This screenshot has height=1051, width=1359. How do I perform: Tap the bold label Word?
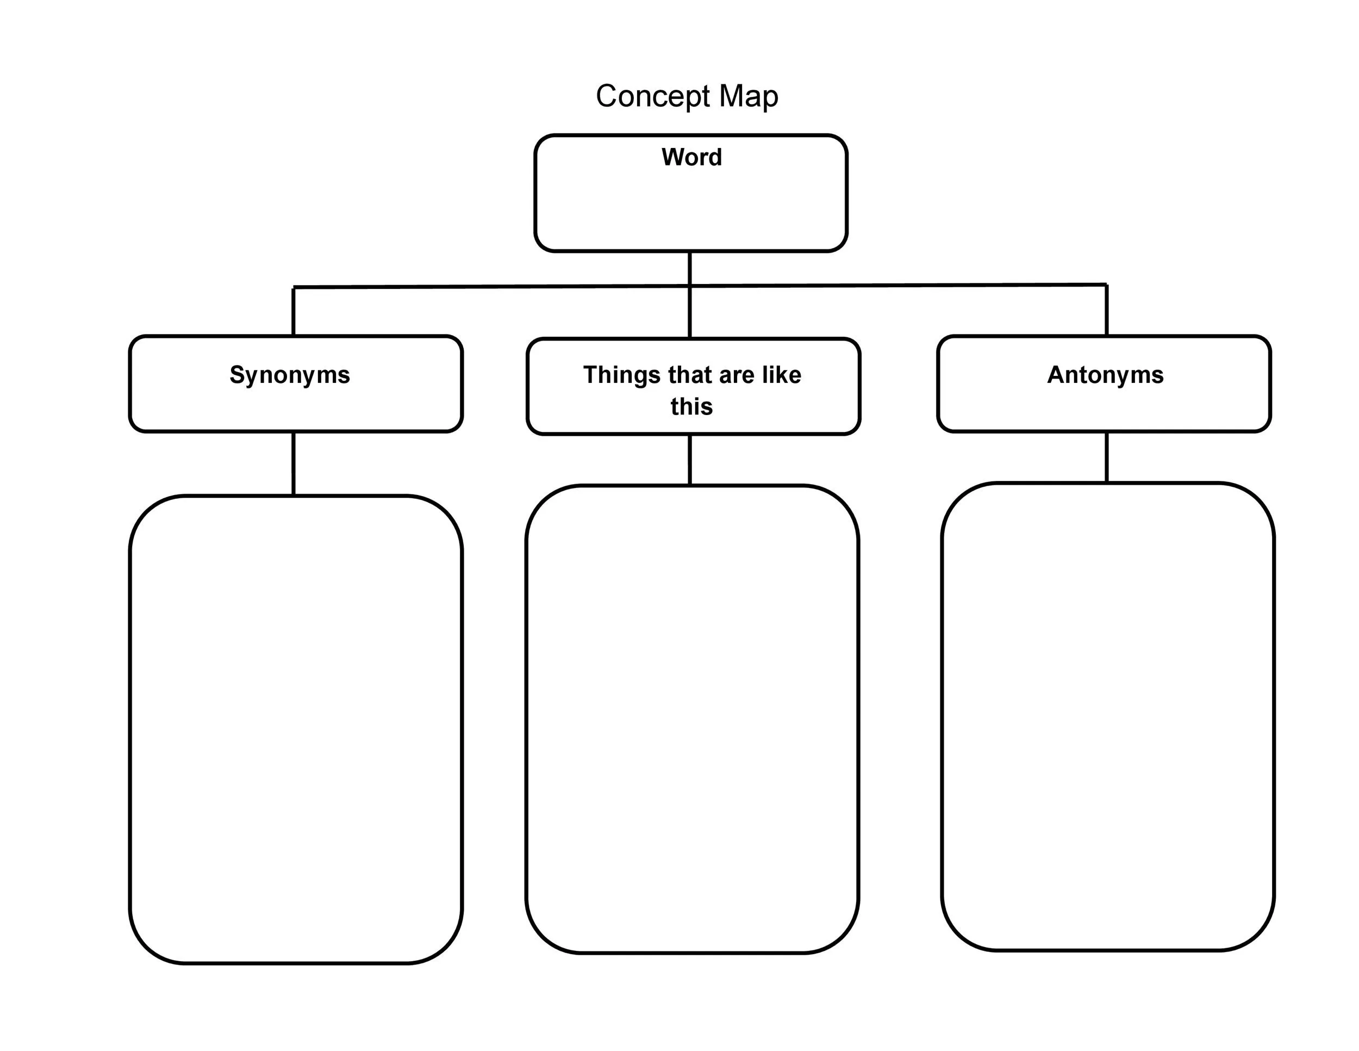click(x=691, y=157)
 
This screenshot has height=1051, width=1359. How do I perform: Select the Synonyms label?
click(x=290, y=375)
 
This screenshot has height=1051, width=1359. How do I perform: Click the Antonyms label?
click(x=1105, y=375)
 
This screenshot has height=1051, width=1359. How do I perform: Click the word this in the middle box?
click(x=691, y=406)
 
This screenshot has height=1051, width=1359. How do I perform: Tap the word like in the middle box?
click(x=781, y=375)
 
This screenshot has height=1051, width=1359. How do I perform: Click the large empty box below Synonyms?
click(x=296, y=728)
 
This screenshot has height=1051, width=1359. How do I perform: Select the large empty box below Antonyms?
click(x=1108, y=716)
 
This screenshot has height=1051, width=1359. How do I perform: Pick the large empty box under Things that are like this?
click(x=692, y=719)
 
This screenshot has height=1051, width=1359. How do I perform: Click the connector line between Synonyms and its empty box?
click(x=293, y=463)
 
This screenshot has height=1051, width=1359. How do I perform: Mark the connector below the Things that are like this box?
click(x=689, y=460)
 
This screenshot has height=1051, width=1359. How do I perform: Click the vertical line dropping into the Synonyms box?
click(x=293, y=311)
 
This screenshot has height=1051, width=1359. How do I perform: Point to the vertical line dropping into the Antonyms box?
click(x=1106, y=310)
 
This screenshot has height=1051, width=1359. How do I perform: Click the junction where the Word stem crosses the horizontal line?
click(x=689, y=286)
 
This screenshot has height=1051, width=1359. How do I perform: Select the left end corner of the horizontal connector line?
click(x=294, y=288)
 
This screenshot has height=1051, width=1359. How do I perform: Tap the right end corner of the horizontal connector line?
click(x=1106, y=285)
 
